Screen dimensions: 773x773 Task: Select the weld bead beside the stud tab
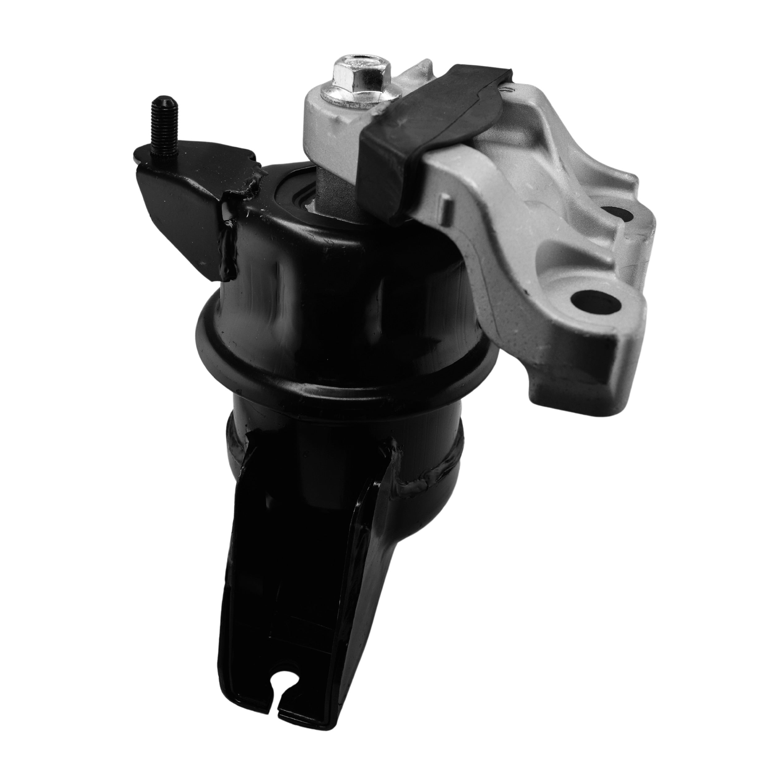pos(232,224)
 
